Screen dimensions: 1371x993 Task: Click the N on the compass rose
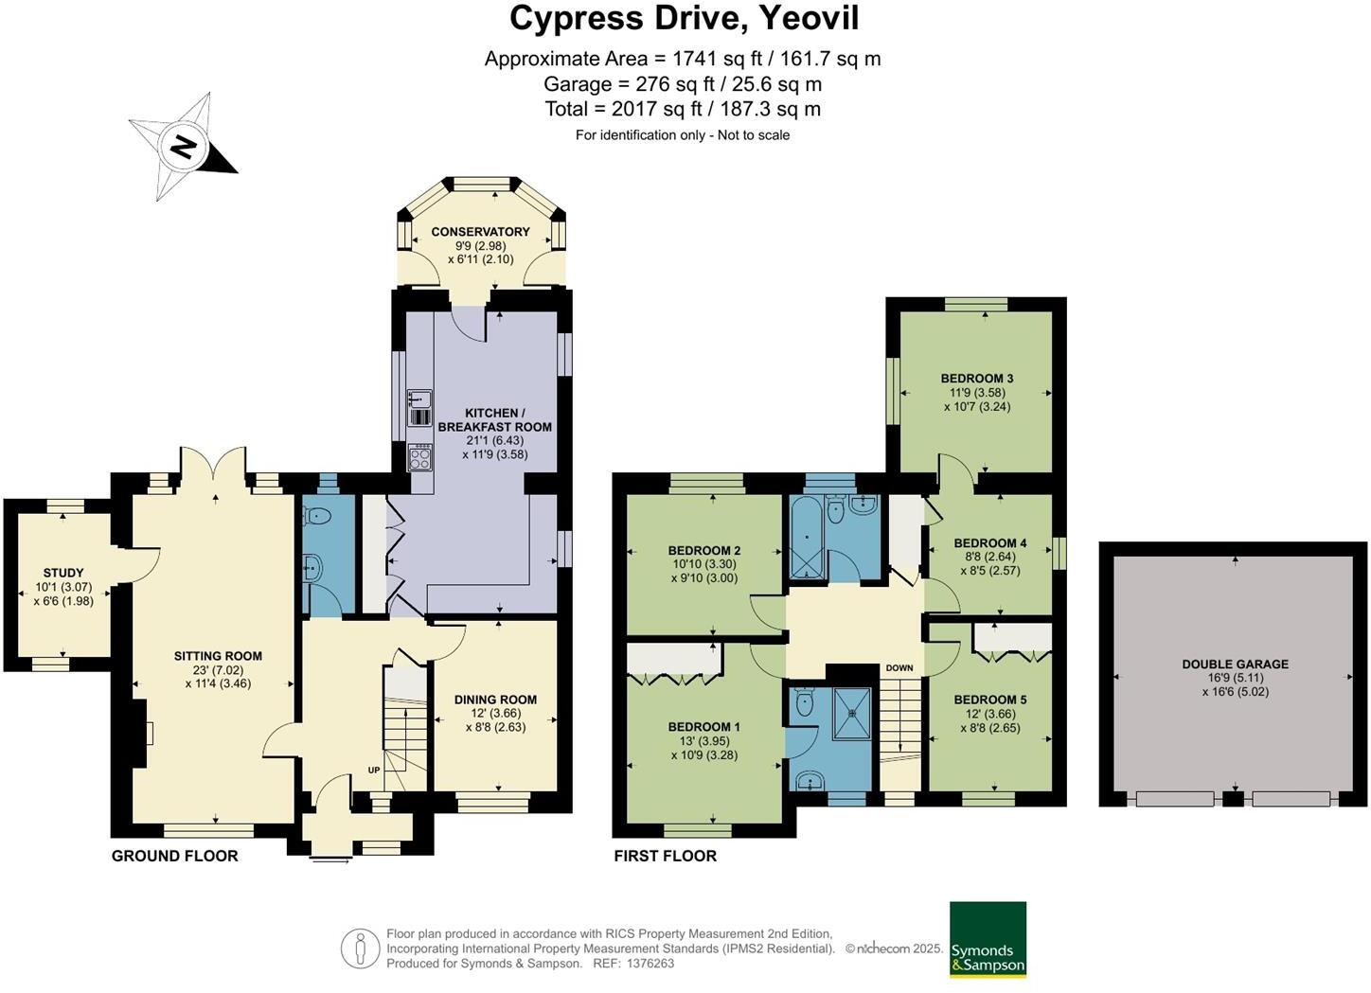(184, 147)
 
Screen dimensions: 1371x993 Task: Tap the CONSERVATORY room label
(480, 232)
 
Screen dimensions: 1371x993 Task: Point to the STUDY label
(63, 573)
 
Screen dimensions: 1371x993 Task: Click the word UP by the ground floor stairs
(373, 770)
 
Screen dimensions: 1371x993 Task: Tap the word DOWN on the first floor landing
(899, 667)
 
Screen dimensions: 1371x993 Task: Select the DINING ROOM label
(495, 700)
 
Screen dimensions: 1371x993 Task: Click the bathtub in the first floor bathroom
(807, 537)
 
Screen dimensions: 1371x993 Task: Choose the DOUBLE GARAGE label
(1235, 664)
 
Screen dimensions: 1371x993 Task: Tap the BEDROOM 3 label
(977, 378)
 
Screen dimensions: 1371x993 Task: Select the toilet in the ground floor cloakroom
(316, 517)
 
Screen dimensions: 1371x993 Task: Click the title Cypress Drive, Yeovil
(685, 18)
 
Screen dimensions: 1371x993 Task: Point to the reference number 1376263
(650, 963)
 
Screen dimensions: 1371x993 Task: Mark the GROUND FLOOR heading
(174, 856)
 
